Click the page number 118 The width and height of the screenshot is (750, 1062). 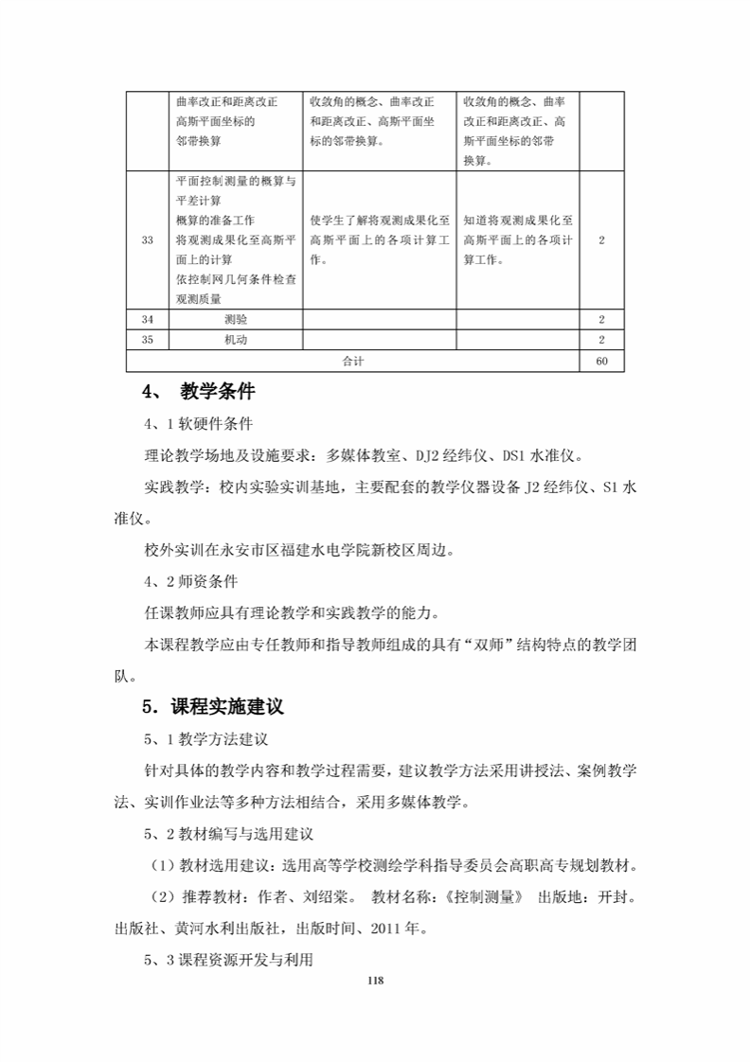(375, 980)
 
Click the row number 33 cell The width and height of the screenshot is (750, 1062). (147, 240)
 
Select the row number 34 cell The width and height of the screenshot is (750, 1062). (147, 320)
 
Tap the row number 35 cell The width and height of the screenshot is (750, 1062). (147, 340)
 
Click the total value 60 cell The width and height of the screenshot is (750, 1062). (602, 361)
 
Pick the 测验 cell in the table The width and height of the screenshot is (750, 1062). (236, 320)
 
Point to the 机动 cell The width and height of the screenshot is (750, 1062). (236, 340)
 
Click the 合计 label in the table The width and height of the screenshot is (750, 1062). (353, 361)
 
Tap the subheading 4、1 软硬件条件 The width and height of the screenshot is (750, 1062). (198, 423)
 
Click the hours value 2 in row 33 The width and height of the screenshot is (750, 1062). (602, 240)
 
